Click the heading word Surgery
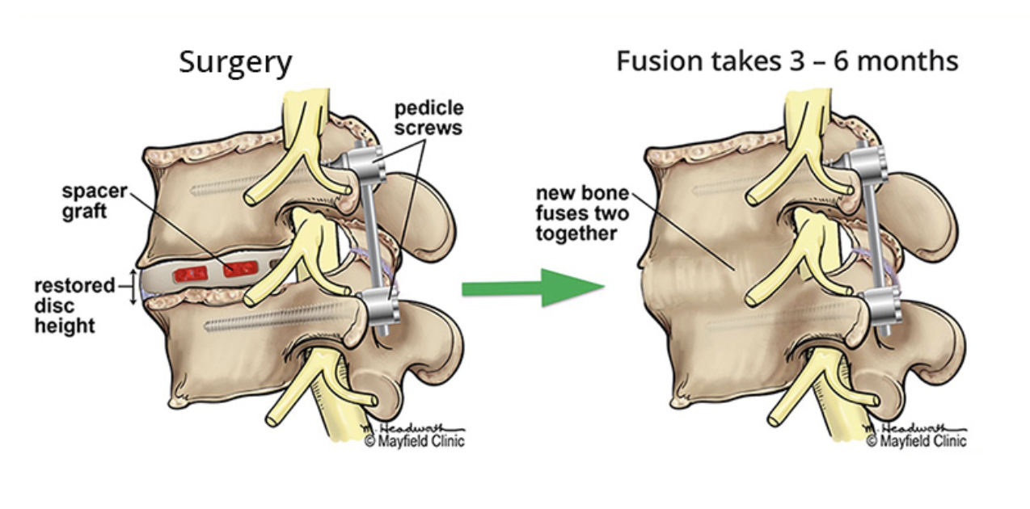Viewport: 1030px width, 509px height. point(235,62)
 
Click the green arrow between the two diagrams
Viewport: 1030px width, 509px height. point(534,288)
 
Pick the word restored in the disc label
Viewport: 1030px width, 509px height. point(74,286)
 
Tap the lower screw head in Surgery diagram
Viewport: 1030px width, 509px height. point(378,306)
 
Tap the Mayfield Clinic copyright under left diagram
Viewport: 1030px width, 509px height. point(415,441)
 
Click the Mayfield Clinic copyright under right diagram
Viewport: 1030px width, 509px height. point(916,441)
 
